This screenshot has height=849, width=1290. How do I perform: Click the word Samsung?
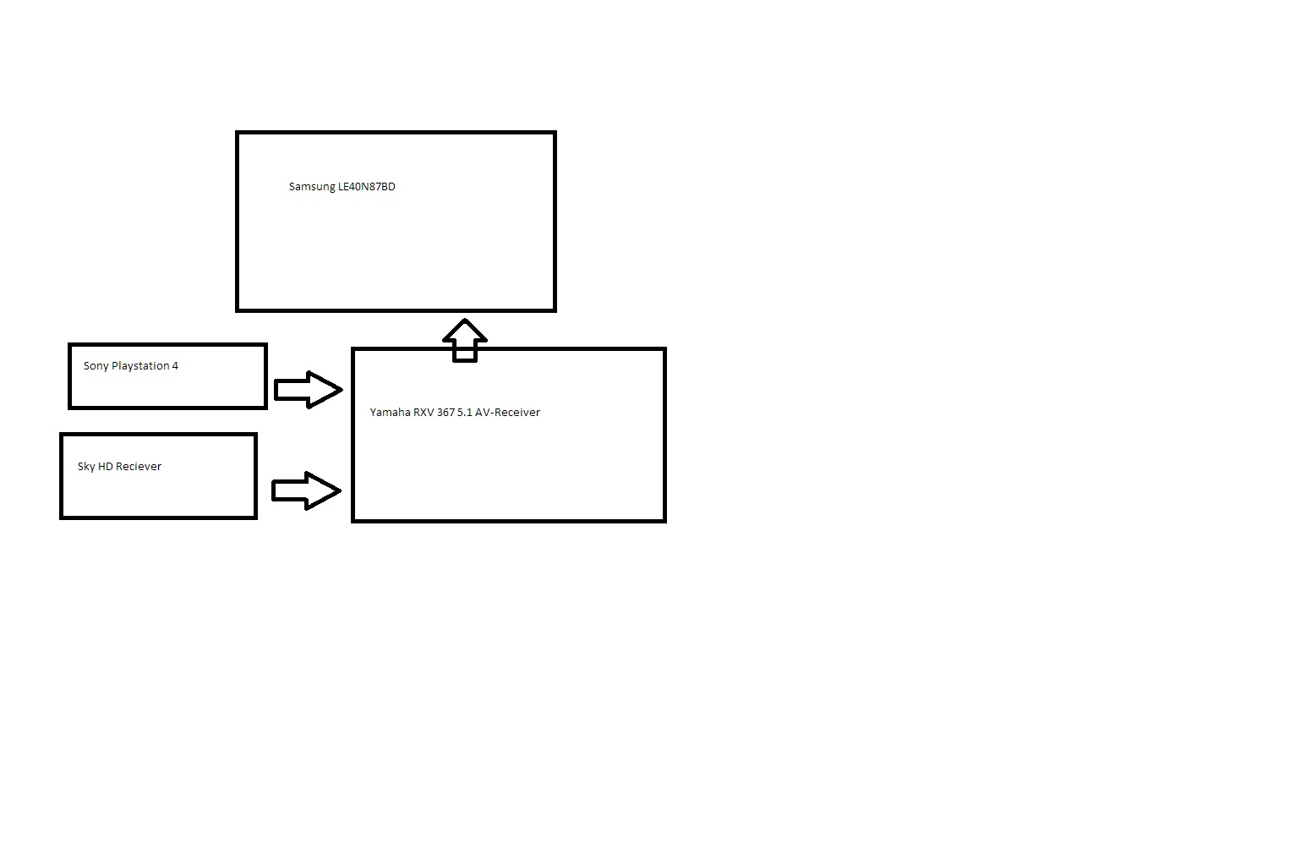pos(312,187)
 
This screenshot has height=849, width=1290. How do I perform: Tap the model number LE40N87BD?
pos(367,187)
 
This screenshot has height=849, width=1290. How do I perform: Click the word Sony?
pos(96,366)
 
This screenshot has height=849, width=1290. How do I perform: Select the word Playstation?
pos(140,366)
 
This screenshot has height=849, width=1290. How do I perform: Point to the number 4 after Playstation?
pos(175,366)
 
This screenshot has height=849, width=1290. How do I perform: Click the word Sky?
pos(86,467)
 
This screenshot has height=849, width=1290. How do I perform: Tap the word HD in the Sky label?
pos(106,467)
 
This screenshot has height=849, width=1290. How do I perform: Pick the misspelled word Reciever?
pos(139,467)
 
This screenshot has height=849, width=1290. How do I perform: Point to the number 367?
pos(445,413)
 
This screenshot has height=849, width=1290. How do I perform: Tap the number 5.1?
pos(464,413)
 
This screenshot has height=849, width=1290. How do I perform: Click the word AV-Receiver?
pos(507,413)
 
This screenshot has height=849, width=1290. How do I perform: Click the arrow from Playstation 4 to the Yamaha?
pos(308,390)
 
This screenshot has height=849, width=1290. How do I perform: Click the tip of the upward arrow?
pos(465,322)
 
